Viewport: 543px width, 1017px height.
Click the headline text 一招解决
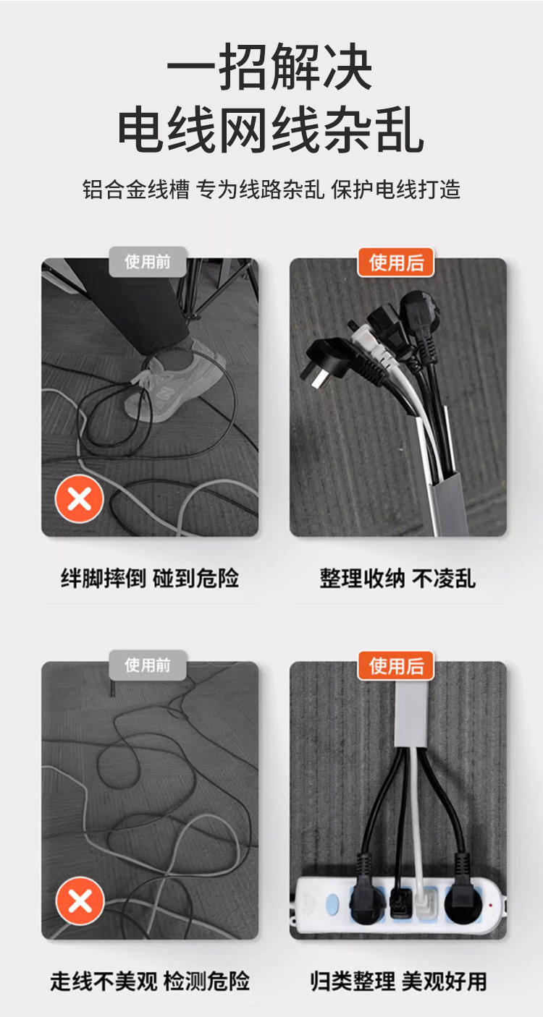pyautogui.click(x=270, y=69)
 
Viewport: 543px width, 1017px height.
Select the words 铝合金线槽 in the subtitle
pyautogui.click(x=135, y=190)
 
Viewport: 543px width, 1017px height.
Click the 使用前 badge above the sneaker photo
pyautogui.click(x=148, y=261)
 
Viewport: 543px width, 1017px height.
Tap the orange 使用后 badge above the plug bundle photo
pyautogui.click(x=396, y=262)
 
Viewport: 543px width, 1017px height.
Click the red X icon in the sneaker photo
pyautogui.click(x=80, y=498)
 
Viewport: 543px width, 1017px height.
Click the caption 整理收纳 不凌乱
pyautogui.click(x=397, y=579)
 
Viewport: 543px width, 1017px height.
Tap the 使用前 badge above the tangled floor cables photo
pyautogui.click(x=148, y=665)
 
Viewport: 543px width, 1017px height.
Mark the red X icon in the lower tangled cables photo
pyautogui.click(x=80, y=901)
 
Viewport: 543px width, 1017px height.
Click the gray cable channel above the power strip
pyautogui.click(x=411, y=712)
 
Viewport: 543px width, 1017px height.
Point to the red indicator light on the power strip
pyautogui.click(x=491, y=903)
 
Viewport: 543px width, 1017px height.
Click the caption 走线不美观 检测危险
pyautogui.click(x=150, y=982)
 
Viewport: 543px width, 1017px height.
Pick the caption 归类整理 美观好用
pyautogui.click(x=397, y=982)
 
